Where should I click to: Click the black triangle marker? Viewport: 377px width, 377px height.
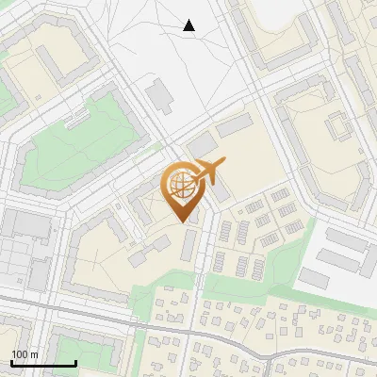tap(189, 25)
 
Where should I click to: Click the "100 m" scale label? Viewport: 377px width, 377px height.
tap(24, 354)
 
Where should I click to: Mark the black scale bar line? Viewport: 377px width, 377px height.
tap(43, 363)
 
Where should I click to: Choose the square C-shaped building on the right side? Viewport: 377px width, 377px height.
tap(336, 131)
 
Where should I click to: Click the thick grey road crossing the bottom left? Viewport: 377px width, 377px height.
tap(57, 307)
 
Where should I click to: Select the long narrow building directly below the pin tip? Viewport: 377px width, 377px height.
tap(188, 246)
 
